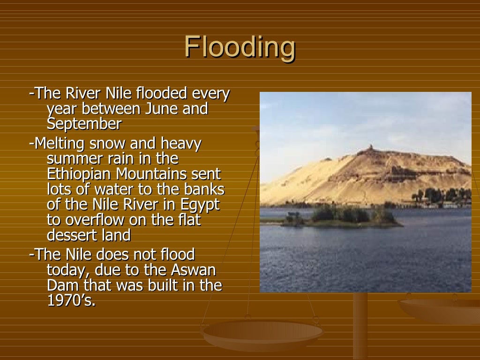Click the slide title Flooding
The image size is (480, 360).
240,47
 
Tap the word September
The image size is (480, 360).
84,124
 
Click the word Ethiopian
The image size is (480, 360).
79,174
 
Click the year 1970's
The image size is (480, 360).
71,300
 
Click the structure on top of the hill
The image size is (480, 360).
370,149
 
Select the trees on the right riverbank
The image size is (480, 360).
441,195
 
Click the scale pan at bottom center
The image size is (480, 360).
262,334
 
